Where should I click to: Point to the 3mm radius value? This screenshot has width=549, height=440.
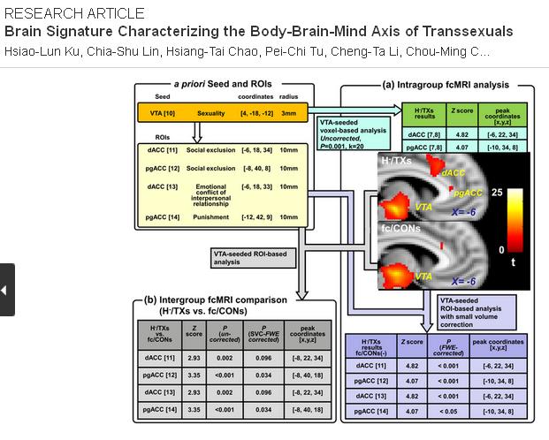point(288,113)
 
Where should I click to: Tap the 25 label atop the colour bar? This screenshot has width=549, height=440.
point(499,191)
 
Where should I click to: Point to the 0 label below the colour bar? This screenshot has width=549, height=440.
point(502,250)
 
